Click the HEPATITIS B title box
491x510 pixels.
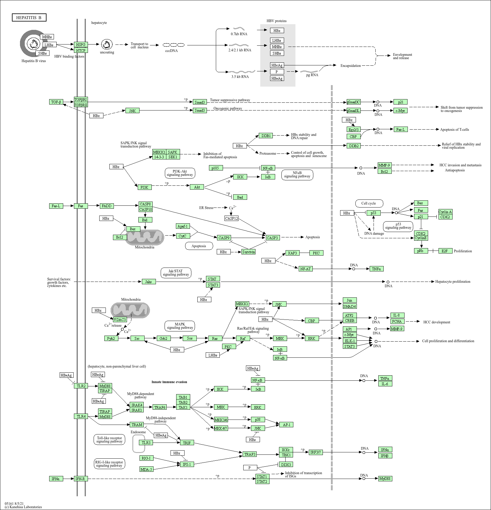pyautogui.click(x=29, y=18)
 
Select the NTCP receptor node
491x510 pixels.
pyautogui.click(x=80, y=50)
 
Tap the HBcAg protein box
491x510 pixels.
pyautogui.click(x=277, y=65)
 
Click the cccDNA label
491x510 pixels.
pyautogui.click(x=171, y=51)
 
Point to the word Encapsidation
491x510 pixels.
pyautogui.click(x=351, y=66)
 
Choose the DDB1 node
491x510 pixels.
pyautogui.click(x=266, y=136)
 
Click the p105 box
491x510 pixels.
pyautogui.click(x=216, y=168)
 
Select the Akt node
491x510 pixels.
pyautogui.click(x=197, y=187)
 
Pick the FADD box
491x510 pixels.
pyautogui.click(x=106, y=206)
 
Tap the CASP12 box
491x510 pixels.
pyautogui.click(x=232, y=218)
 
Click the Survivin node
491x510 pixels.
pyautogui.click(x=249, y=252)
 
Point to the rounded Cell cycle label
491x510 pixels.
pyautogui.click(x=368, y=203)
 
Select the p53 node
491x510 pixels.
pyautogui.click(x=374, y=213)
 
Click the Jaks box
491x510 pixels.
pyautogui.click(x=148, y=282)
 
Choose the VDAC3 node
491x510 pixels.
pyautogui.click(x=120, y=319)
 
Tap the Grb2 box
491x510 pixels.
pyautogui.click(x=163, y=338)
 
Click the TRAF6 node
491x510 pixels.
pyautogui.click(x=160, y=407)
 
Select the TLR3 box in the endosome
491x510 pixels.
pyautogui.click(x=146, y=443)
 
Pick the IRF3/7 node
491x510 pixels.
pyautogui.click(x=315, y=452)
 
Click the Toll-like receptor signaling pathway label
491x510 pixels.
pyautogui.click(x=109, y=440)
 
